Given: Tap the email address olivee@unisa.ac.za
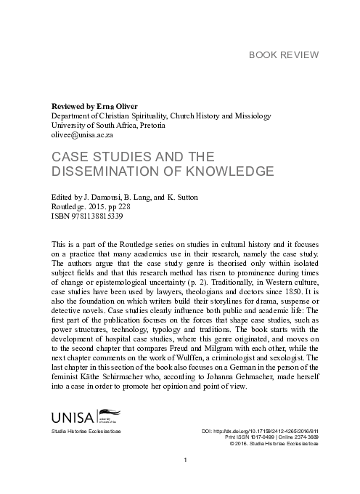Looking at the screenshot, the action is [82, 134].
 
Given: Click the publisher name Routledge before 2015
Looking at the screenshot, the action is [67, 206].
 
